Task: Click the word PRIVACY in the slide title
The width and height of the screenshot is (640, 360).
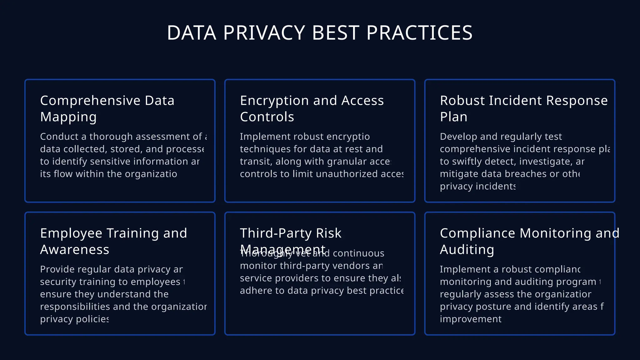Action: (264, 33)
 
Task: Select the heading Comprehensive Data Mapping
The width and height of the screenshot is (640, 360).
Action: (107, 108)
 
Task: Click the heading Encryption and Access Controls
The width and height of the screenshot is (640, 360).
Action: (312, 108)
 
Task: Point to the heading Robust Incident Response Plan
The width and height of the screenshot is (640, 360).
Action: (524, 108)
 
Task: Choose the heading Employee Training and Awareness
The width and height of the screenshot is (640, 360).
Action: (113, 241)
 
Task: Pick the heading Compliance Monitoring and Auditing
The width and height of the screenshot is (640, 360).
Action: (529, 241)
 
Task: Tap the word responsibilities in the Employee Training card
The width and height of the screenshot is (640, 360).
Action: (75, 307)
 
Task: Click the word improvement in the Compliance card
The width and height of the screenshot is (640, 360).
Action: (470, 319)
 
